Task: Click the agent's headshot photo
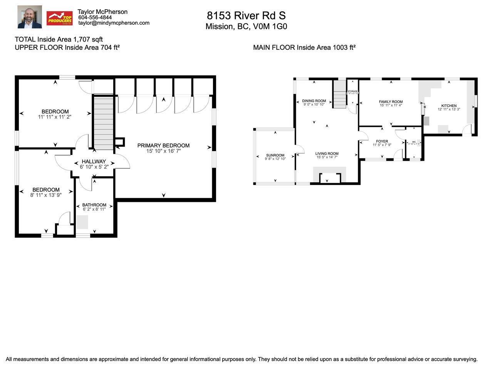(x=30, y=17)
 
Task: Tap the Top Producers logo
(x=59, y=18)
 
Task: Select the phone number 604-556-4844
(x=95, y=17)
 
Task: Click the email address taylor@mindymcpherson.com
(x=114, y=23)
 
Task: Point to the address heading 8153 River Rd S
(x=246, y=15)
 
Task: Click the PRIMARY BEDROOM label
(x=163, y=145)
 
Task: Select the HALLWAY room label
(x=94, y=161)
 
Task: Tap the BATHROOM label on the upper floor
(x=94, y=205)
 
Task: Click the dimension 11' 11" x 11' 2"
(x=55, y=116)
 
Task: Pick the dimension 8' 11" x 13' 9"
(x=46, y=195)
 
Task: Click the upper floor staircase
(x=103, y=123)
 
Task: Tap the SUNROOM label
(x=275, y=155)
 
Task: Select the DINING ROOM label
(x=314, y=101)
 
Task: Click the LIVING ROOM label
(x=327, y=153)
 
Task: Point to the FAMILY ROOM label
(x=391, y=102)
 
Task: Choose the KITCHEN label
(x=449, y=106)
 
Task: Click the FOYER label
(x=382, y=141)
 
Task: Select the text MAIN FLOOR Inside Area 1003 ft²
(x=304, y=47)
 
